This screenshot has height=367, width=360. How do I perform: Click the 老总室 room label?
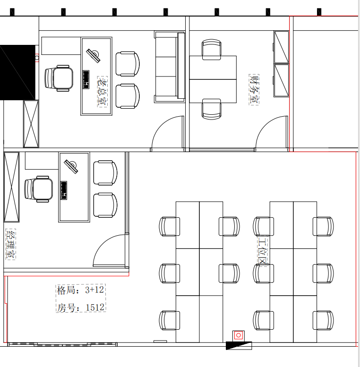103,92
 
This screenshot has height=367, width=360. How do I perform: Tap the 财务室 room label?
254,89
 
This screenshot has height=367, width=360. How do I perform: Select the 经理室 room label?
10,244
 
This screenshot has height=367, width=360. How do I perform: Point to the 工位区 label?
262,250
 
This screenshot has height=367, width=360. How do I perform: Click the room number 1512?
95,307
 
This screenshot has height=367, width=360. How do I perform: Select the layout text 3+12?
94,290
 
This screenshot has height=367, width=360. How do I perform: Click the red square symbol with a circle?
239,335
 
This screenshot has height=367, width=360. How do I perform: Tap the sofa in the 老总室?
170,67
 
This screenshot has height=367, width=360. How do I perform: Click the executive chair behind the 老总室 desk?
59,78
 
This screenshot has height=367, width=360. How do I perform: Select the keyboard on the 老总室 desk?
86,79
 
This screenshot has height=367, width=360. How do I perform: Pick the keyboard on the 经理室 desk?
64,190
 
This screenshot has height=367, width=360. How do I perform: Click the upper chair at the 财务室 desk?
212,50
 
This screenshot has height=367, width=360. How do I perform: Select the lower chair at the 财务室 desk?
212,109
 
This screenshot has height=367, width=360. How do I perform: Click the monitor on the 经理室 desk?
71,167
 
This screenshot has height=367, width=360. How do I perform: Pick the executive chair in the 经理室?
39,189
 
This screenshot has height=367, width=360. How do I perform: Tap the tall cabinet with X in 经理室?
11,187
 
